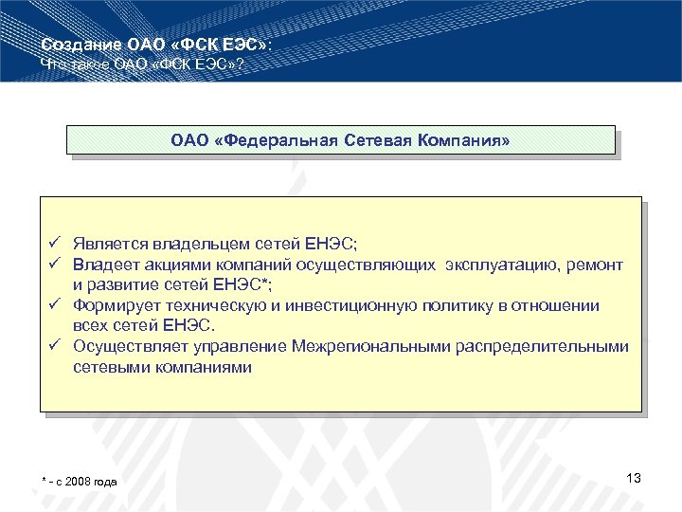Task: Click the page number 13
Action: [634, 478]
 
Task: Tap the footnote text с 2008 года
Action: [86, 483]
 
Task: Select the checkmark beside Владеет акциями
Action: [58, 263]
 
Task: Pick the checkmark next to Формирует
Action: [58, 304]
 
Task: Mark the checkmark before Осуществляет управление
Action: [58, 346]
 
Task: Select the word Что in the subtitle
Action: [56, 64]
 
